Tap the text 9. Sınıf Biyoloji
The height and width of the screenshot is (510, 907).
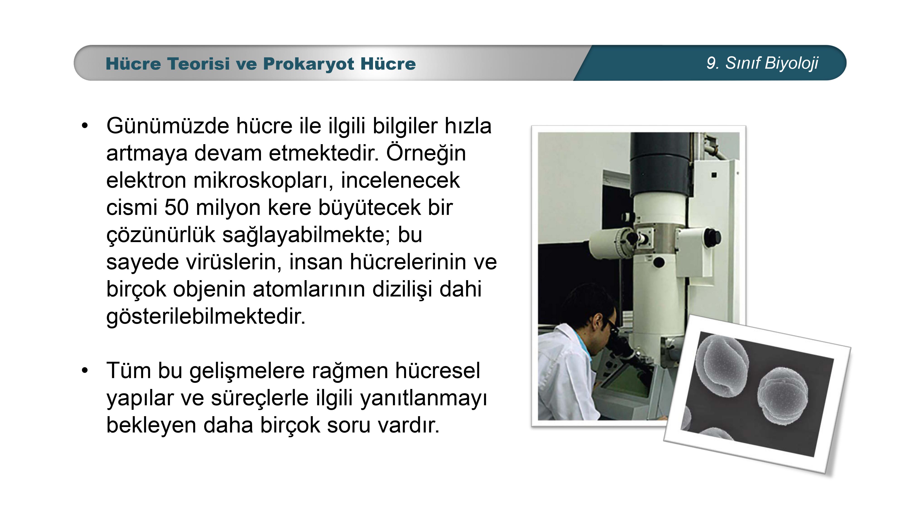coord(762,63)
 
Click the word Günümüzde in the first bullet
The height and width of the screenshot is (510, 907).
coord(168,126)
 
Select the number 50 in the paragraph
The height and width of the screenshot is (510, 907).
coord(176,207)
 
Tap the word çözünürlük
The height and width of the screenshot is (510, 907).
coord(161,235)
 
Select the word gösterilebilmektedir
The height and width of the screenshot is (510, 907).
coord(206,317)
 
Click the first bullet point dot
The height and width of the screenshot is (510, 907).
coord(85,126)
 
